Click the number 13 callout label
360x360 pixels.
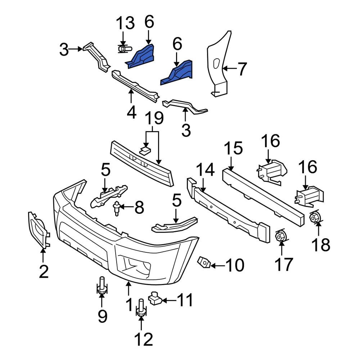pyautogui.click(x=125, y=23)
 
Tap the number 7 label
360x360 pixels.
pyautogui.click(x=242, y=69)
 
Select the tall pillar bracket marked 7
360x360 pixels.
pyautogui.click(x=218, y=65)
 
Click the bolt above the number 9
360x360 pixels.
pyautogui.click(x=102, y=288)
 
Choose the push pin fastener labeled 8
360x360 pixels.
pyautogui.click(x=117, y=208)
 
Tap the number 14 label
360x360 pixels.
pyautogui.click(x=205, y=170)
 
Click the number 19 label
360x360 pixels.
pyautogui.click(x=154, y=119)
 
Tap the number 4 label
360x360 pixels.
pyautogui.click(x=131, y=112)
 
